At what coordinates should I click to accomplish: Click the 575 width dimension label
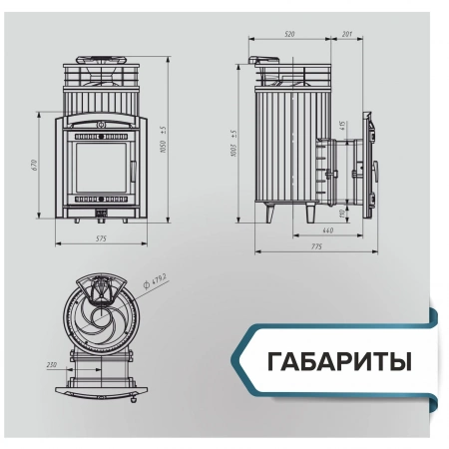coord(101,240)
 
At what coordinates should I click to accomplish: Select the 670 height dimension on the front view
coord(34,165)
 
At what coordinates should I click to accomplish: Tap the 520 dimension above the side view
coord(289,34)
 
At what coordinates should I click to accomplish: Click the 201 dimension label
coord(346,34)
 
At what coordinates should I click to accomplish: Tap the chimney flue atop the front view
coord(101,61)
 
